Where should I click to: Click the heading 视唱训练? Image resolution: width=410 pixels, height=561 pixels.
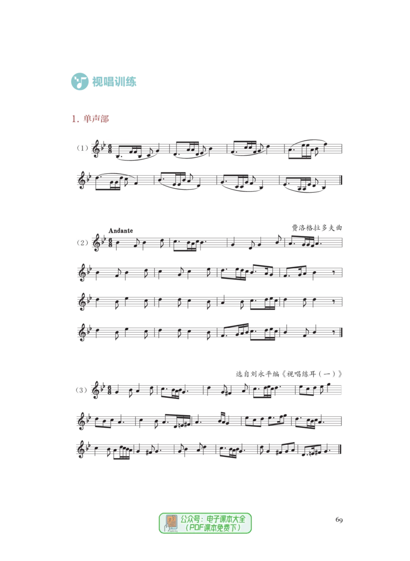pos(114,82)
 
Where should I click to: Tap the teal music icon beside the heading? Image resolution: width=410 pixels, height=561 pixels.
pos(80,82)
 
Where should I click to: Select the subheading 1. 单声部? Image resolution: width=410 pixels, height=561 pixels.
pos(90,119)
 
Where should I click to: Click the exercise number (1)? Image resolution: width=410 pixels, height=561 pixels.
pos(82,148)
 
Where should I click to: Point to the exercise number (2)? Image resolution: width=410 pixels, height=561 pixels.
pos(82,243)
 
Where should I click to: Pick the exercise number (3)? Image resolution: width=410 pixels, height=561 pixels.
pos(81,390)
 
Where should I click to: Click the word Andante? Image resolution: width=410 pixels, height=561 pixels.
pos(121,231)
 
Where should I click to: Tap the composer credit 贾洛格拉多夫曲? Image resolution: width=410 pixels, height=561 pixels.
pos(317,228)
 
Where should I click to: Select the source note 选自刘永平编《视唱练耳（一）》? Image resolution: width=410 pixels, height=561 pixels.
pos(289,374)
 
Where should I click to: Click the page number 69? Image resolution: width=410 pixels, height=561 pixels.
pos(339,519)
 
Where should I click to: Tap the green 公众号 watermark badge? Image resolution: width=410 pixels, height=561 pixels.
pos(205,523)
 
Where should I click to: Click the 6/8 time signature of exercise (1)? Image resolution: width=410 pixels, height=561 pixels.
pos(110,149)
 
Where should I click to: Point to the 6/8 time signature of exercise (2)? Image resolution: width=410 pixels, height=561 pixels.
pos(110,243)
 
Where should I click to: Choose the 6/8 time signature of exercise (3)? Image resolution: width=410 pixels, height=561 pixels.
pos(109,390)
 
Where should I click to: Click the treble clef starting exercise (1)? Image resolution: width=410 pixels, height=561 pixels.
pos(96,149)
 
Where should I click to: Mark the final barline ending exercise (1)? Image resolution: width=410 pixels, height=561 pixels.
pos(341,181)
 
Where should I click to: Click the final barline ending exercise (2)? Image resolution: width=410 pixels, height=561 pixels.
pos(341,332)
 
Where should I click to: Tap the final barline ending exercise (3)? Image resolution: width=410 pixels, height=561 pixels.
pos(340,449)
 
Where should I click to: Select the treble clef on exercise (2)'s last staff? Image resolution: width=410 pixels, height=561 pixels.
pos(81,333)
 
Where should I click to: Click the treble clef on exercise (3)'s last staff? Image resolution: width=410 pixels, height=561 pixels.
pos(81,450)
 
